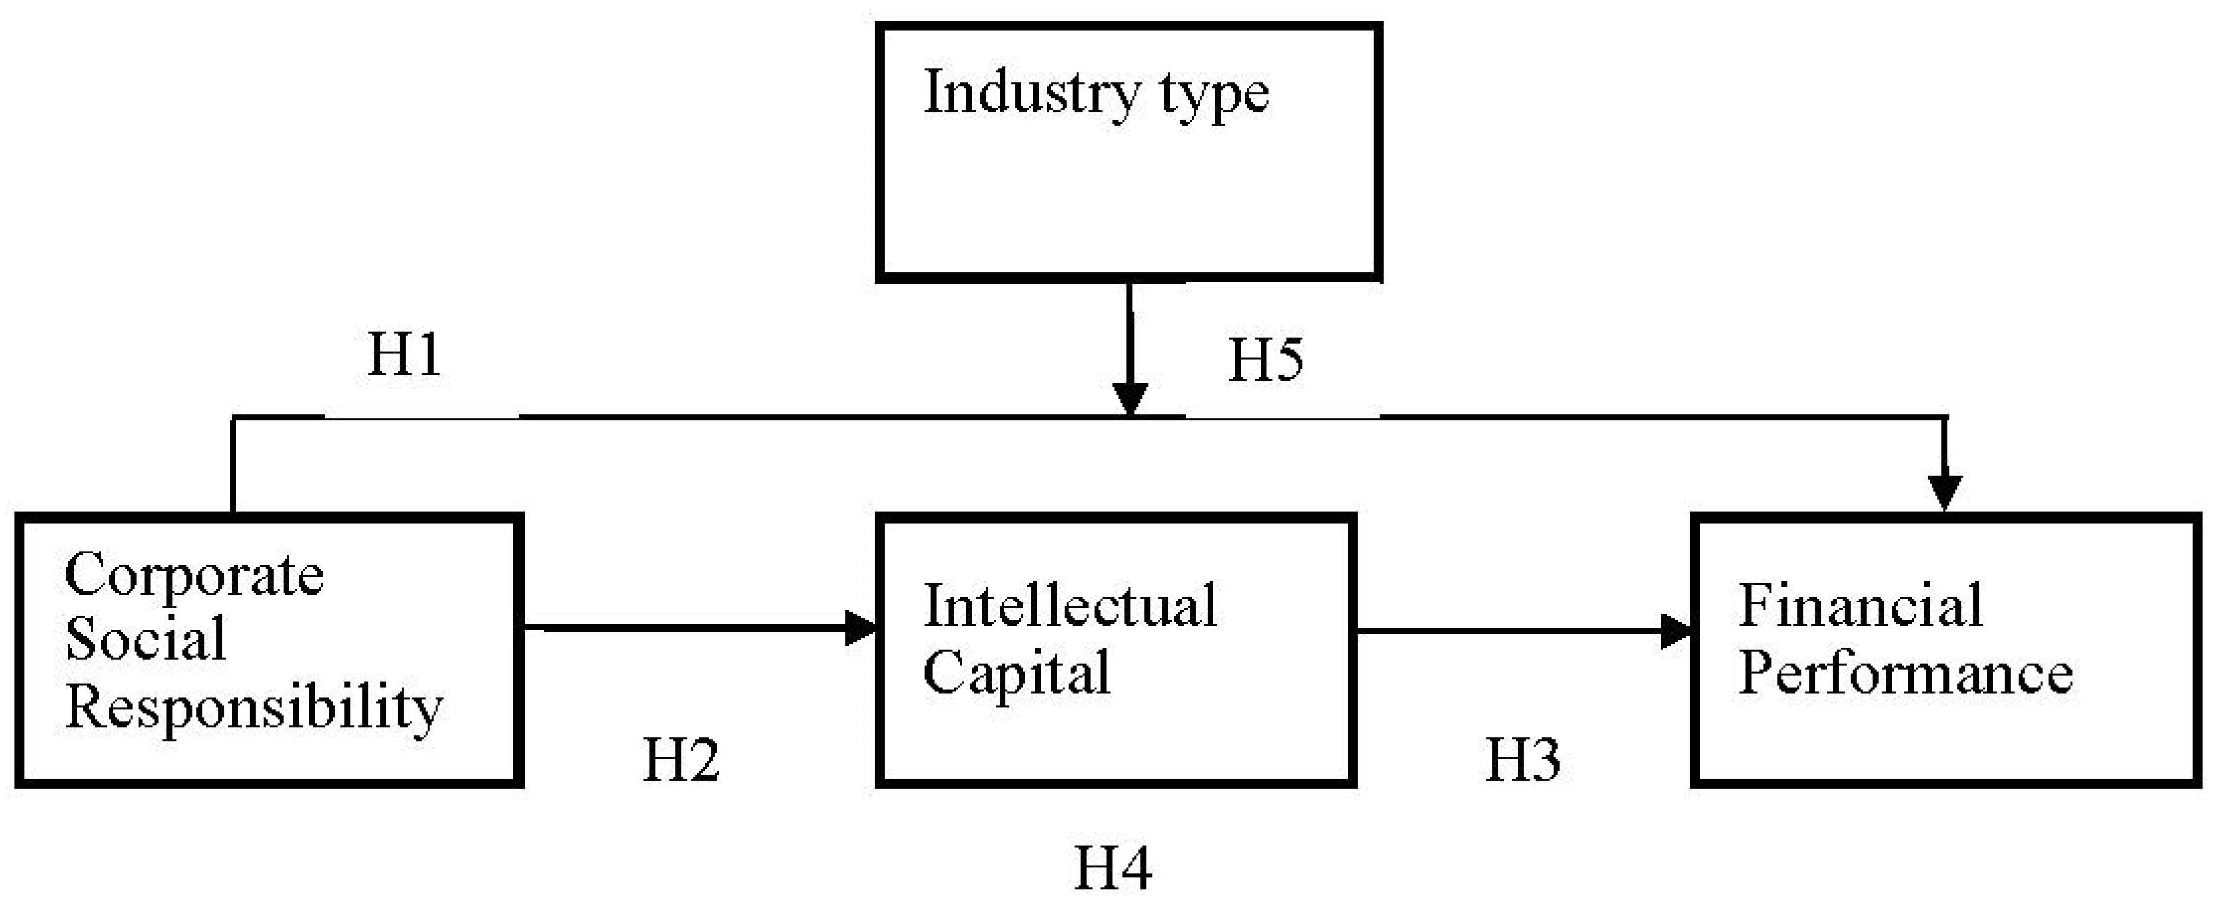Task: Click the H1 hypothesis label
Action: (405, 354)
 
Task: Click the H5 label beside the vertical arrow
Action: (1265, 359)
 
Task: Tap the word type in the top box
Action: (1213, 95)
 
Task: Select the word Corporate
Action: (193, 575)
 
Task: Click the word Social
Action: (144, 640)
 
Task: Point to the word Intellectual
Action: (1070, 606)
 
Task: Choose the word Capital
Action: (1015, 673)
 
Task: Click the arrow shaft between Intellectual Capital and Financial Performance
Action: (1506, 632)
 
